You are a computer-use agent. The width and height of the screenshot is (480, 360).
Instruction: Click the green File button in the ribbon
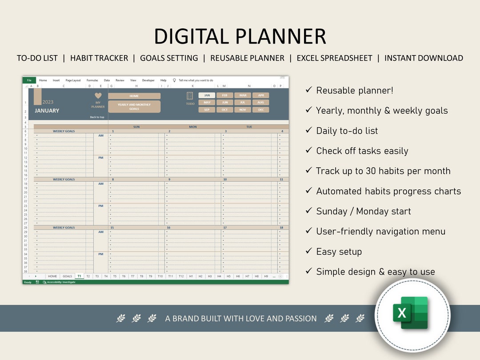29,80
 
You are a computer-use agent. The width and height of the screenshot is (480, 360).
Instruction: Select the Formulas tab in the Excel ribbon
92,80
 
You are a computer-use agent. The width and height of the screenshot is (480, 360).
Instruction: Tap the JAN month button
207,95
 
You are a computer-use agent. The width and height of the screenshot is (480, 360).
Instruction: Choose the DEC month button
261,109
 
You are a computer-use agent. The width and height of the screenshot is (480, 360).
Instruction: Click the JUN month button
225,102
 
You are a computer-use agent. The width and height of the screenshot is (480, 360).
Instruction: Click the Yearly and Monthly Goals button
134,107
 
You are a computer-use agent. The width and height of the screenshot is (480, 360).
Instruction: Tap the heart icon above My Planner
98,96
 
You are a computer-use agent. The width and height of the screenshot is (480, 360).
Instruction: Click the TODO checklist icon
190,96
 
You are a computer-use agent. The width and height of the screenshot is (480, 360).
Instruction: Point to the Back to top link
97,117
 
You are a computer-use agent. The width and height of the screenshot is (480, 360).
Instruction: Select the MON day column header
193,127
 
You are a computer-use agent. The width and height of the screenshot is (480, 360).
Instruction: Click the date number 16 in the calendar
168,228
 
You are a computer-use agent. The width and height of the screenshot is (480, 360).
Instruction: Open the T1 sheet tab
79,276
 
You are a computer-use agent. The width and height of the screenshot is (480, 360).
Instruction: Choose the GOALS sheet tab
67,276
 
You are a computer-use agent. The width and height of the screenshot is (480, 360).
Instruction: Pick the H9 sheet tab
266,276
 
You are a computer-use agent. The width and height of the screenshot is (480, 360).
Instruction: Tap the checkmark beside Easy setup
308,251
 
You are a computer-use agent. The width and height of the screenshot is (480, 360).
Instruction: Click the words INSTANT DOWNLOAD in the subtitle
424,58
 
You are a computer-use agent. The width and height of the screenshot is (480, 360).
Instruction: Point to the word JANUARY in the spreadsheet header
47,111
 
